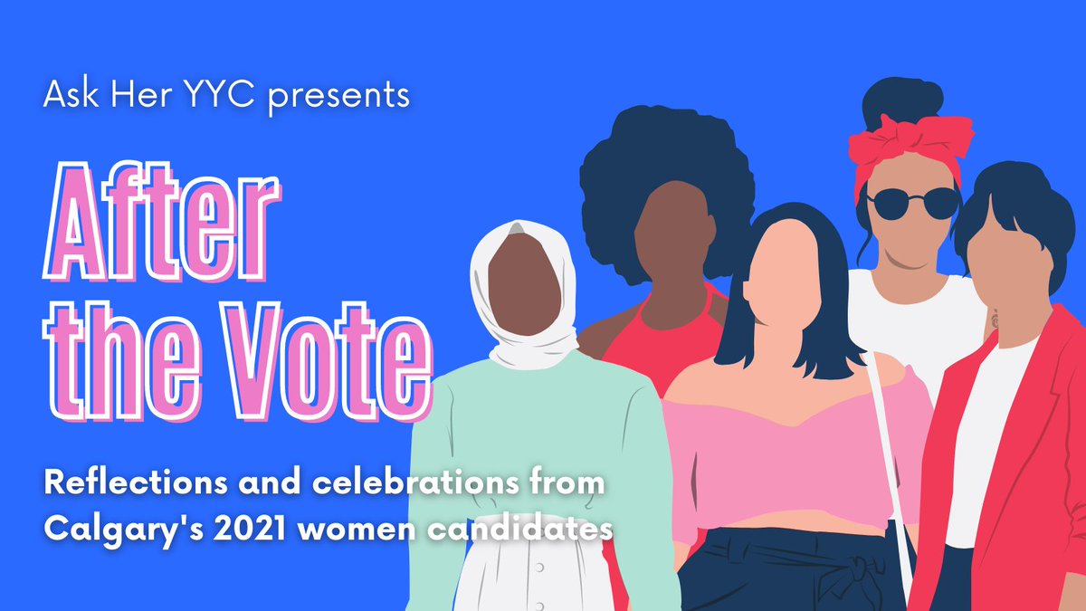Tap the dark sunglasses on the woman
pos(911,202)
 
